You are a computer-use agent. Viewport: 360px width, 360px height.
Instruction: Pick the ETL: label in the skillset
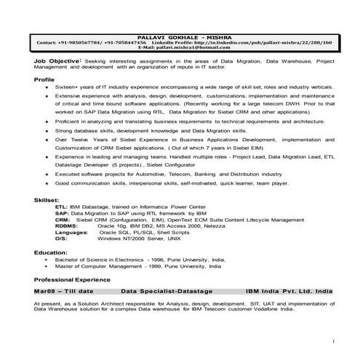[x=62, y=207]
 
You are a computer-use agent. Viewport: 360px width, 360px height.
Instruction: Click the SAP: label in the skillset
[x=62, y=212]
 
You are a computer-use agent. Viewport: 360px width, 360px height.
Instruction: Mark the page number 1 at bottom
[x=332, y=340]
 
